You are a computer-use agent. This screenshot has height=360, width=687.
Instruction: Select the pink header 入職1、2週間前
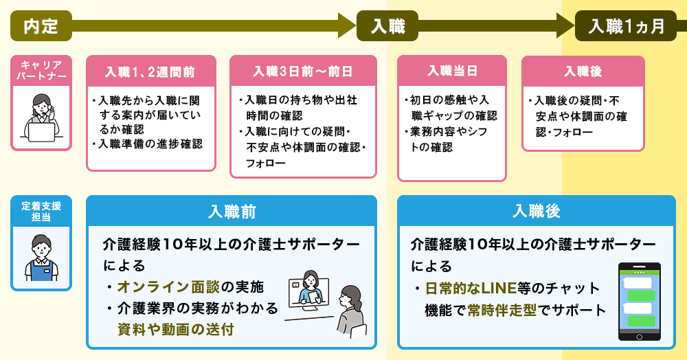150,71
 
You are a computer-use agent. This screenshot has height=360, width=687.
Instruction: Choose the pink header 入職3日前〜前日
303,71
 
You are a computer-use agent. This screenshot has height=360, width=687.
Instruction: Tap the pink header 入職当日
452,71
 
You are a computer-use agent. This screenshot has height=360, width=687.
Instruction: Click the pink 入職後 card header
583,71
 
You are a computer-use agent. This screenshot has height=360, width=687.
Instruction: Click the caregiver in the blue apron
41,258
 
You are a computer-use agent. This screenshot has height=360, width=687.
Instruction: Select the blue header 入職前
232,212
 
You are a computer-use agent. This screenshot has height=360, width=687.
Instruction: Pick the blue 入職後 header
537,212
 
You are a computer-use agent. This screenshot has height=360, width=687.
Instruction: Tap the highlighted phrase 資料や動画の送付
175,329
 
